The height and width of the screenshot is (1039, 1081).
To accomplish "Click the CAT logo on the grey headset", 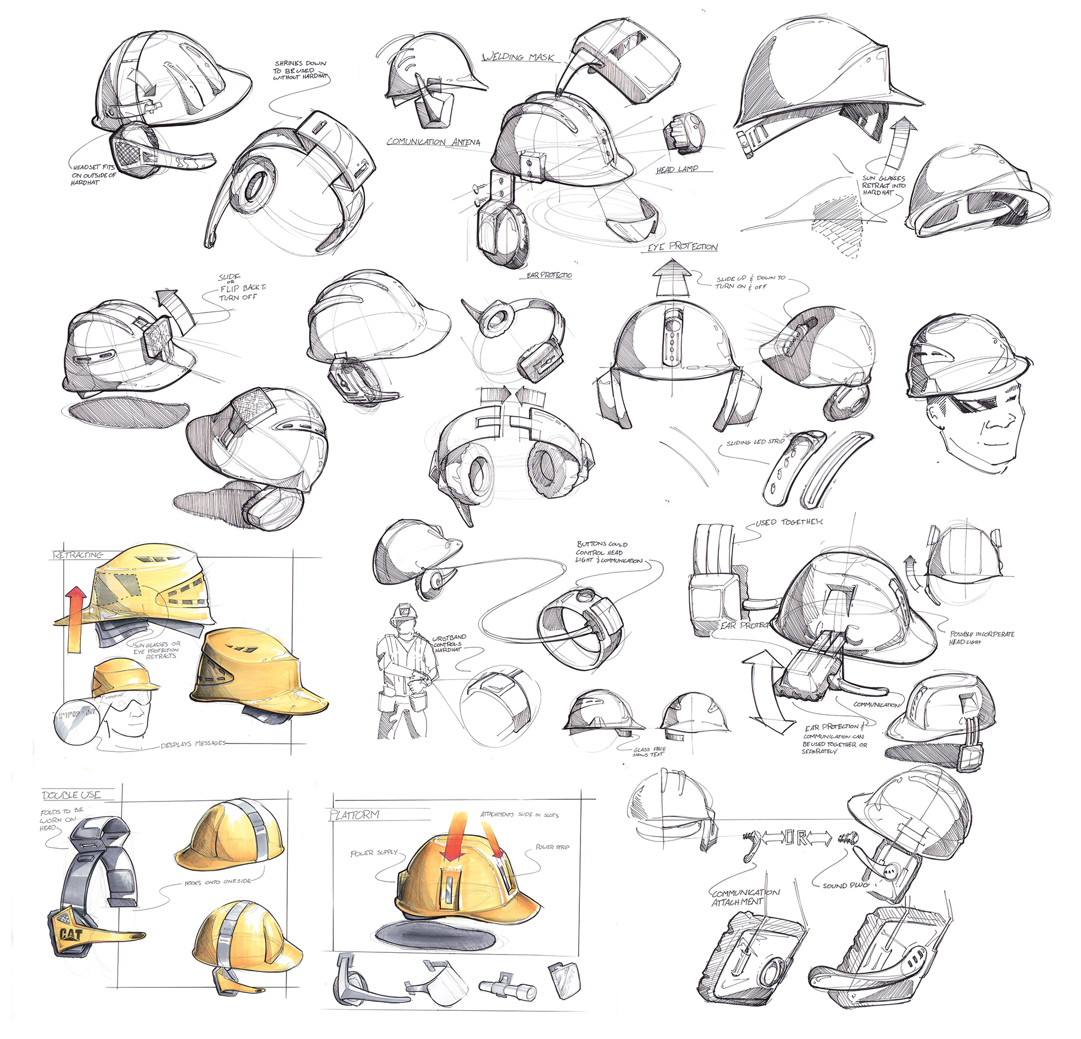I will point(72,935).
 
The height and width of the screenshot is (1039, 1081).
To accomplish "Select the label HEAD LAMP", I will point(677,169).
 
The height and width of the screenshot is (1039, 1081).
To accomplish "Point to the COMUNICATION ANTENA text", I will point(433,142).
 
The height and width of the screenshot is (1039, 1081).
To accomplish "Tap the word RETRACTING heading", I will point(78,555).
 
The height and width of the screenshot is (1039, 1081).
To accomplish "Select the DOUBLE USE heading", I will point(72,795).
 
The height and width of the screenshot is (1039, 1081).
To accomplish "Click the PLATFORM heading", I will point(354,814).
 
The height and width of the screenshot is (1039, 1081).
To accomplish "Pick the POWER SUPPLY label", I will point(374,853).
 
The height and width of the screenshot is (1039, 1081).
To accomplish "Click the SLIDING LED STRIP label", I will point(755,442).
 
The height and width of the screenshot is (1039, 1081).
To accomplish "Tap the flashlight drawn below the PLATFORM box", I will point(506,987).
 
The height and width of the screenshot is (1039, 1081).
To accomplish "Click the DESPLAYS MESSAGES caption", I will point(193,744).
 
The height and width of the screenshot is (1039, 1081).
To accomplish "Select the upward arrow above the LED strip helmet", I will point(672,276).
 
